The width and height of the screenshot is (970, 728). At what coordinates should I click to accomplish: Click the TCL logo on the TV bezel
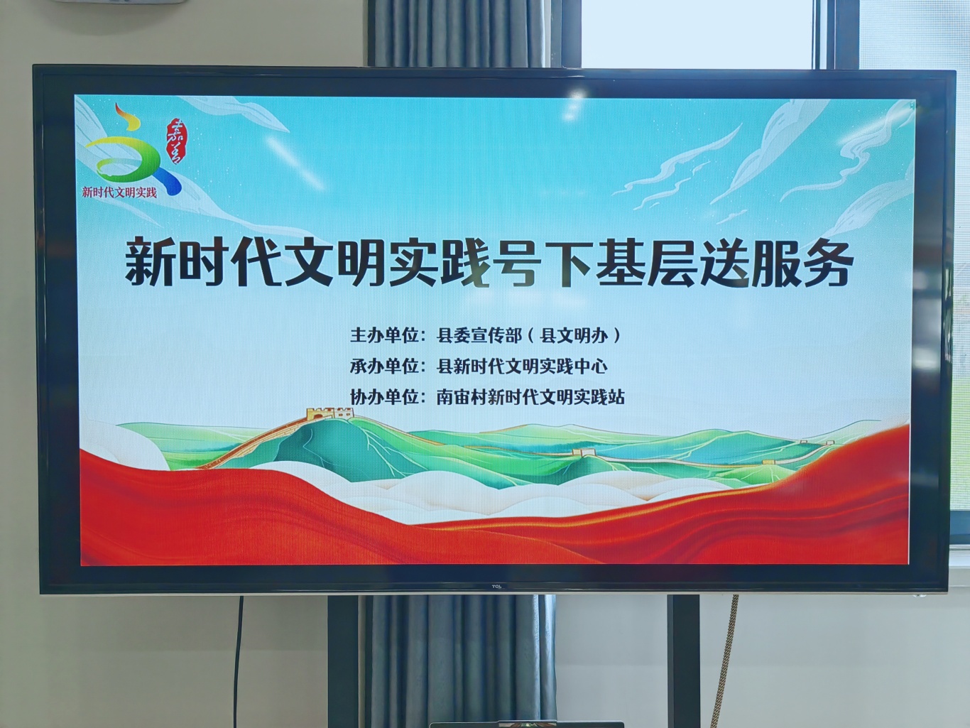[x=496, y=587]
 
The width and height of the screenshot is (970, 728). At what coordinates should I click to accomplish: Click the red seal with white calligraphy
[x=174, y=141]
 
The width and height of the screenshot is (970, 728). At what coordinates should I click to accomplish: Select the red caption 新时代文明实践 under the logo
[x=119, y=192]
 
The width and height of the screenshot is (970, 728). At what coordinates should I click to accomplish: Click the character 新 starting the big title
[x=149, y=261]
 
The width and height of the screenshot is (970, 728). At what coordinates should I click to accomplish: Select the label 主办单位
[x=384, y=335]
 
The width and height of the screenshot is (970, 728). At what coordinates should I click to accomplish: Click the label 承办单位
[x=384, y=366]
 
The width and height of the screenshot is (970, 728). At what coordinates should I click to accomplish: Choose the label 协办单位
[x=384, y=397]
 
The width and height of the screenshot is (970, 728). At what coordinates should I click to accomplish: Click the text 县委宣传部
[x=479, y=335]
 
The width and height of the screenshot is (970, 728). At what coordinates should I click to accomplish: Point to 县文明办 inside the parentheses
[x=574, y=335]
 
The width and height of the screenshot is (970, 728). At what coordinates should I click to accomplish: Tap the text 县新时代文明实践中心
[x=521, y=366]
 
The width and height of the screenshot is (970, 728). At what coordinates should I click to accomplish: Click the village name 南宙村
[x=462, y=397]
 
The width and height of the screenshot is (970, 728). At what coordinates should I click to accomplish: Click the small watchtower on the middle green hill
[x=582, y=452]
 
